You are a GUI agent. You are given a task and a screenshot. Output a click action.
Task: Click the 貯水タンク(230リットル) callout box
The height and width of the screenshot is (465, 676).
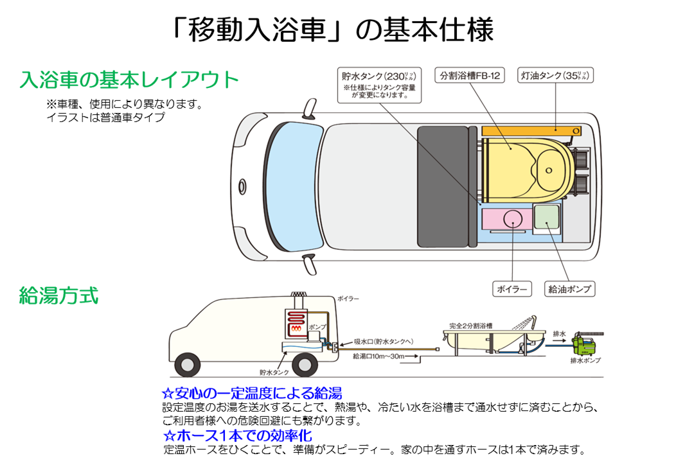click(x=379, y=85)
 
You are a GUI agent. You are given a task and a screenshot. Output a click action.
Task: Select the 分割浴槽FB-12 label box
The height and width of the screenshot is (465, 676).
click(x=469, y=76)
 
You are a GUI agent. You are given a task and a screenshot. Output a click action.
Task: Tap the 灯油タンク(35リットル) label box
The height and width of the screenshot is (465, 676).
click(x=554, y=76)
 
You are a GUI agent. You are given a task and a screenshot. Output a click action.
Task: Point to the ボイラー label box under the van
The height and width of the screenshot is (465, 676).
click(x=512, y=289)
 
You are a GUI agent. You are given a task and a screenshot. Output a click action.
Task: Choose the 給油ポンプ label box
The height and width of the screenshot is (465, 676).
click(x=568, y=289)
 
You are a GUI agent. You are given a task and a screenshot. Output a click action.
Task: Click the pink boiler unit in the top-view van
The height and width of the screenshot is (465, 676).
click(x=507, y=218)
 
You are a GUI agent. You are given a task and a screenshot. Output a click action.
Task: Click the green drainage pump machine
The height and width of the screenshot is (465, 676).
click(x=589, y=343)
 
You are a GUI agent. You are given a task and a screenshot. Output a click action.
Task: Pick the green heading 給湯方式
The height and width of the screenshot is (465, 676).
click(x=58, y=296)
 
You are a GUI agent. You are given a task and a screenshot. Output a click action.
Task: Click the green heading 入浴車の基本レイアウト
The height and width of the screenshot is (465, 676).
click(x=129, y=80)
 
